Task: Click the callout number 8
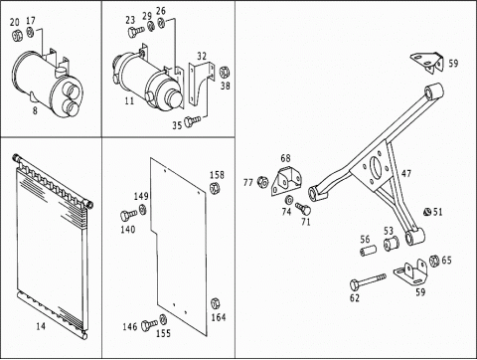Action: pos(35,110)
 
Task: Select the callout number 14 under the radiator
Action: pos(41,326)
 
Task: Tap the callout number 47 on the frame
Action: pos(406,173)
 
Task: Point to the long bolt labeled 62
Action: pos(368,280)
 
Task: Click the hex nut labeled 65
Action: pos(434,261)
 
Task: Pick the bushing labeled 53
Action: pos(392,244)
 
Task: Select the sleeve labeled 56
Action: pos(369,250)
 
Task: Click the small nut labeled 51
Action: pos(427,212)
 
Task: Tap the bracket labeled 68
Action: pos(286,182)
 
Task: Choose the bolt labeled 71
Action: pos(303,209)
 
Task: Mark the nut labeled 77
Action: pos(262,181)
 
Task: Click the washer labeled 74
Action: pos(288,200)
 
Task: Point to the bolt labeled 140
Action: pos(128,215)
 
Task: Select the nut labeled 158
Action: pos(215,187)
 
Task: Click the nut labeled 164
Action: pos(216,304)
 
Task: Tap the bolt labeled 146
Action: pos(149,325)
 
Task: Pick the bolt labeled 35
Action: pos(192,120)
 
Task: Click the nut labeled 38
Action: pos(225,72)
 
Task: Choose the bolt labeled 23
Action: pos(135,32)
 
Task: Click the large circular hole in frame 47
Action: pos(377,166)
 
